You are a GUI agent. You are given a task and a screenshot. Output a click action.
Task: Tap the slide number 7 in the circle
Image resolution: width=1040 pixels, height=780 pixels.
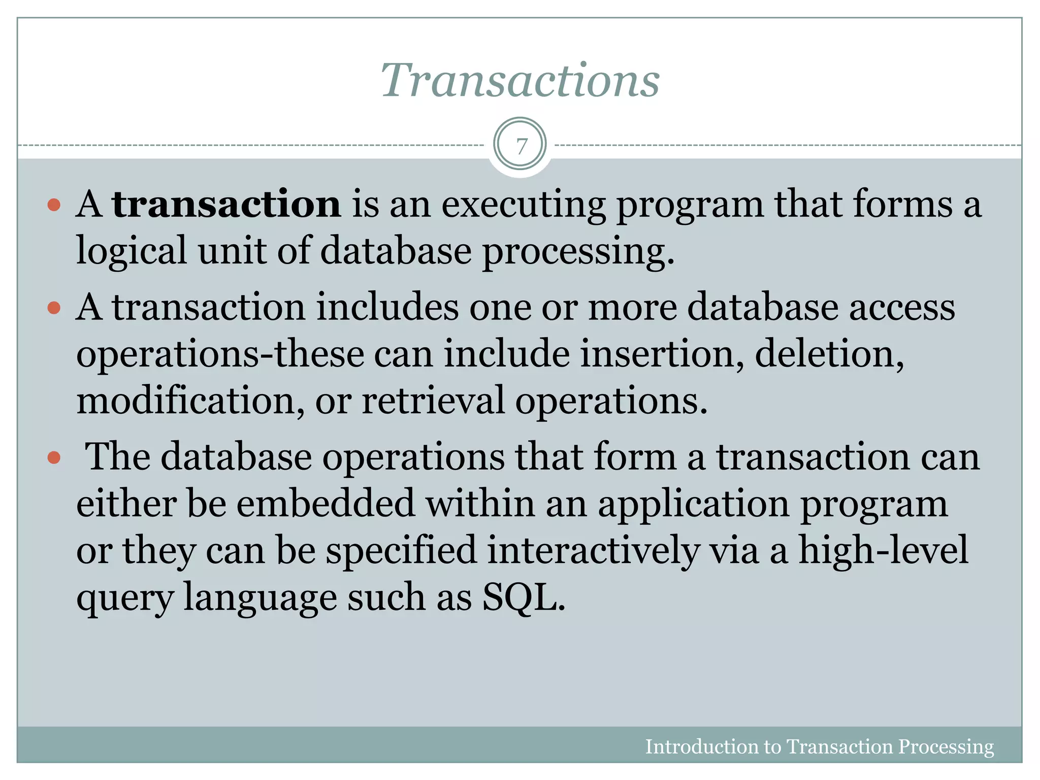tap(520, 146)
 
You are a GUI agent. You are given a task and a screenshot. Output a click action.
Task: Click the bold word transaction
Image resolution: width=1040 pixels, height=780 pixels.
tap(226, 204)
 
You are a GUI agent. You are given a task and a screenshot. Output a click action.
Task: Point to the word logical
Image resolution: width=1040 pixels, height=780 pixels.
tap(131, 251)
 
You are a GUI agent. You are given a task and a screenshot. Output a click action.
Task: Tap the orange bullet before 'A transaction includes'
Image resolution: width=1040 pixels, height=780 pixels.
tap(54, 308)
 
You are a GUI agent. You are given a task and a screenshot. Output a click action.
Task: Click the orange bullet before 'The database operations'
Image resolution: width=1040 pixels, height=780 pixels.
tap(54, 458)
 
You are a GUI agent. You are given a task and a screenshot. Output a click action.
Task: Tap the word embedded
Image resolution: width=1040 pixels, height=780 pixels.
tap(326, 503)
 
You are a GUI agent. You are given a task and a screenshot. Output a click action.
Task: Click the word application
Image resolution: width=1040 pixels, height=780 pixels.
tap(693, 504)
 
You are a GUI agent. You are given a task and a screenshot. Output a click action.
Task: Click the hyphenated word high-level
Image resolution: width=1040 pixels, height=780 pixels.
tap(883, 550)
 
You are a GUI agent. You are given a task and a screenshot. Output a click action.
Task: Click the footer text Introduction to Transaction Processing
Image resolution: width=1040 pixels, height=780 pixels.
tap(819, 747)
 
